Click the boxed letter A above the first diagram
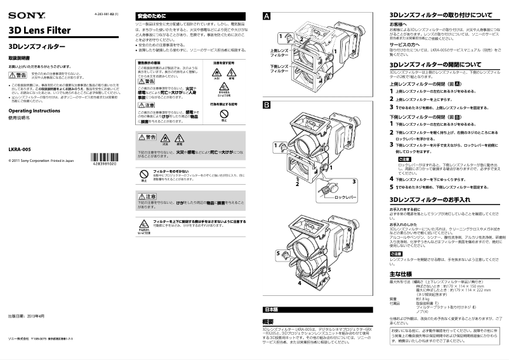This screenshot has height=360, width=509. pos(267,15)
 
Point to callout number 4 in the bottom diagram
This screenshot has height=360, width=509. pos(300,283)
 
